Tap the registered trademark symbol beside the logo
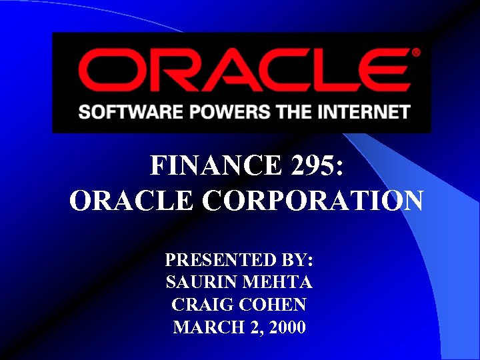[x=416, y=52]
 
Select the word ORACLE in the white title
[x=132, y=200]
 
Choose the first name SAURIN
[x=200, y=282]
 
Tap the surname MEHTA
[x=280, y=282]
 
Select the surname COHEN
[x=273, y=305]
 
